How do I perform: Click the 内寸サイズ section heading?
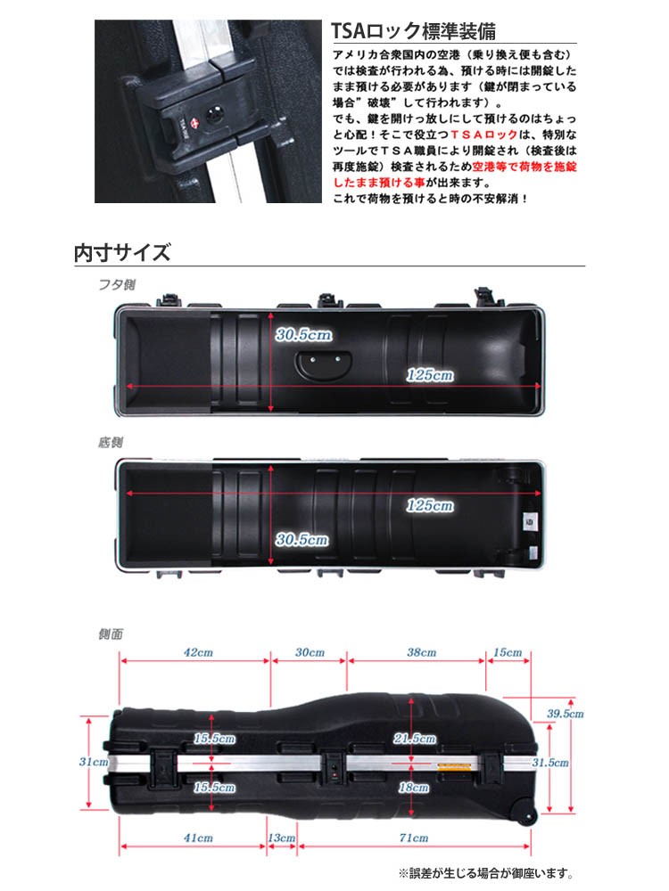121,252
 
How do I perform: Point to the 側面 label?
111,634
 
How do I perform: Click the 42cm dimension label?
197,652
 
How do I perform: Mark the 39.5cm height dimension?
565,714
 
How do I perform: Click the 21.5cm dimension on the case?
414,739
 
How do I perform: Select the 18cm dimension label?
414,788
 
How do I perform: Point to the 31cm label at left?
93,762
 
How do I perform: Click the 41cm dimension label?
197,838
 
